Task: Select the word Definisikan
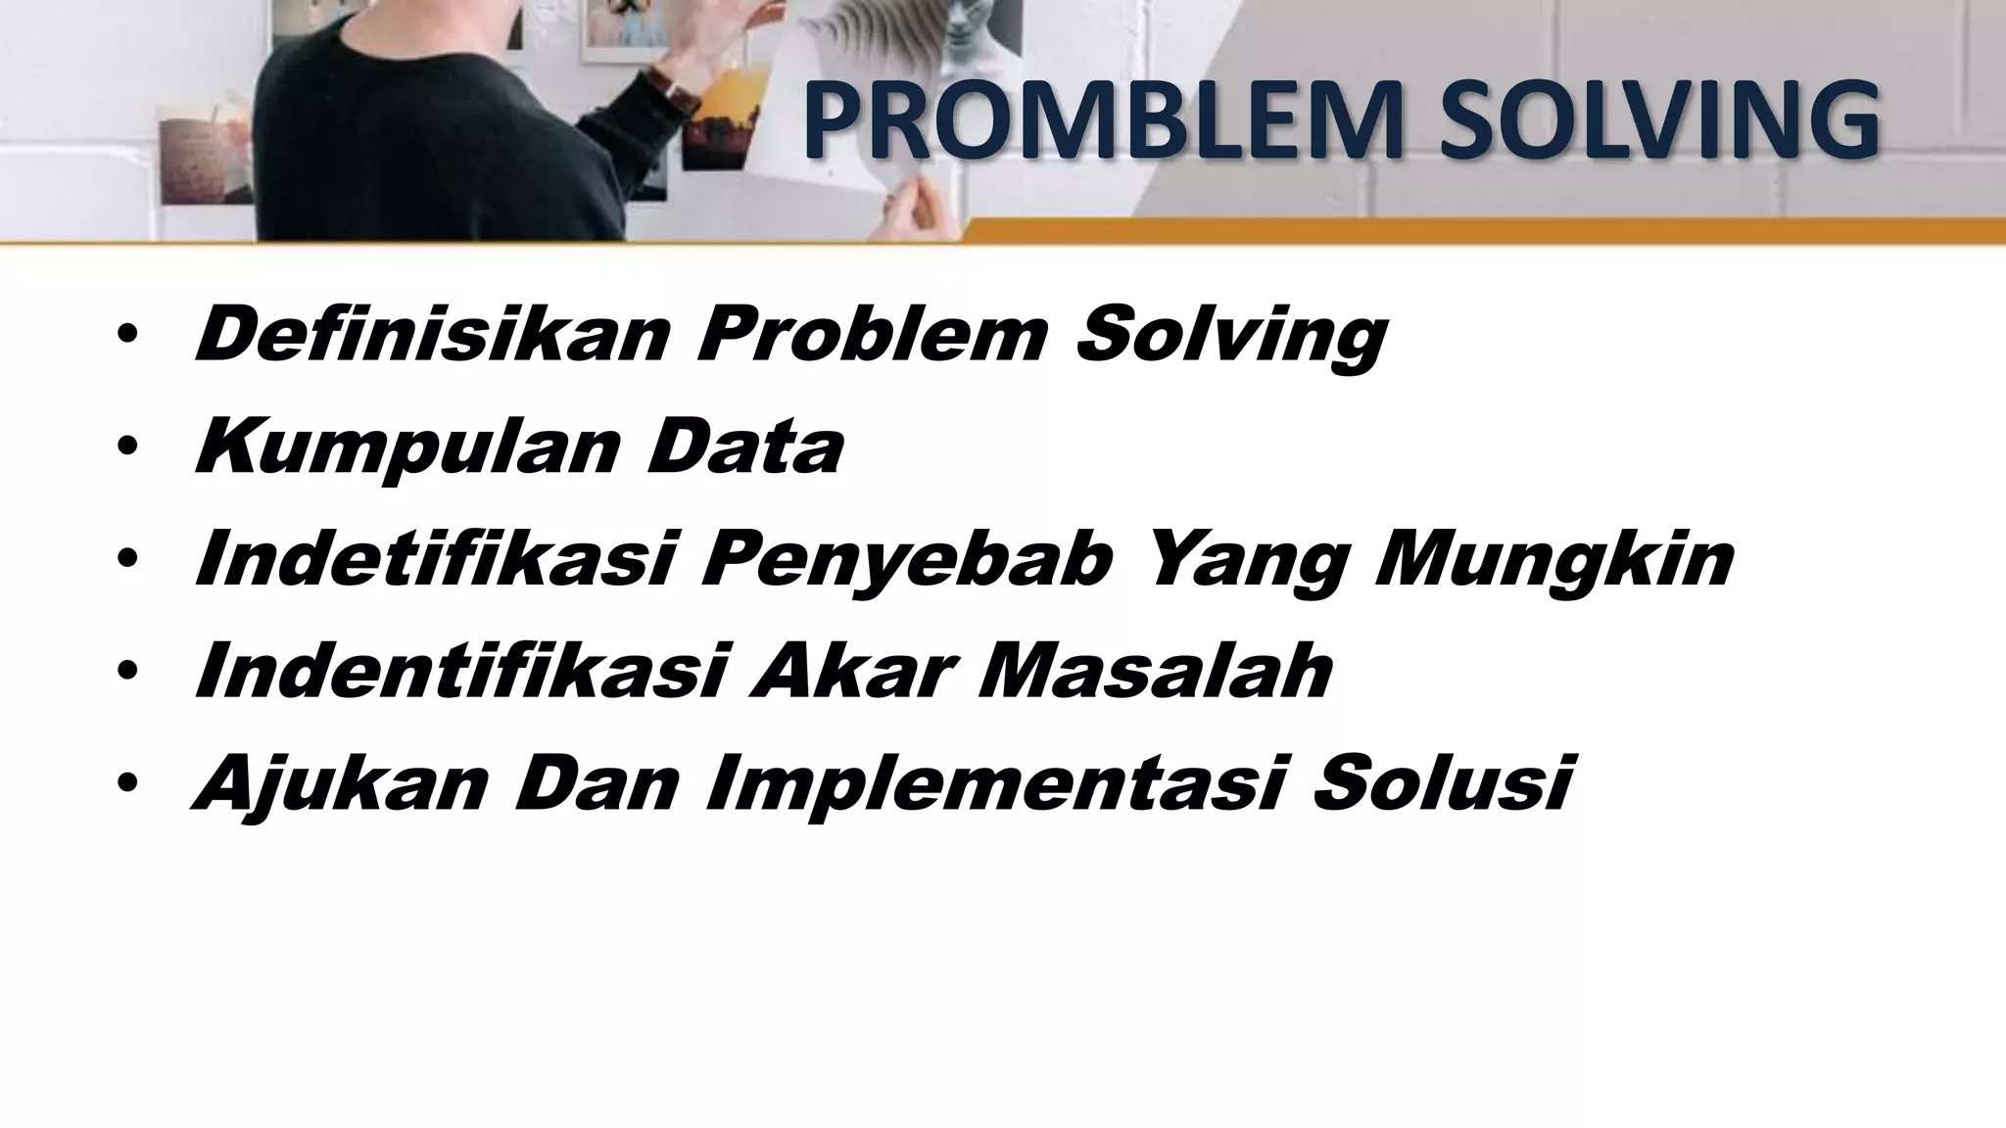click(432, 334)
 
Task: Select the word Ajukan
click(339, 786)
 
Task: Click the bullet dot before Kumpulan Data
click(125, 447)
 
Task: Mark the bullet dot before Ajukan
click(125, 784)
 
